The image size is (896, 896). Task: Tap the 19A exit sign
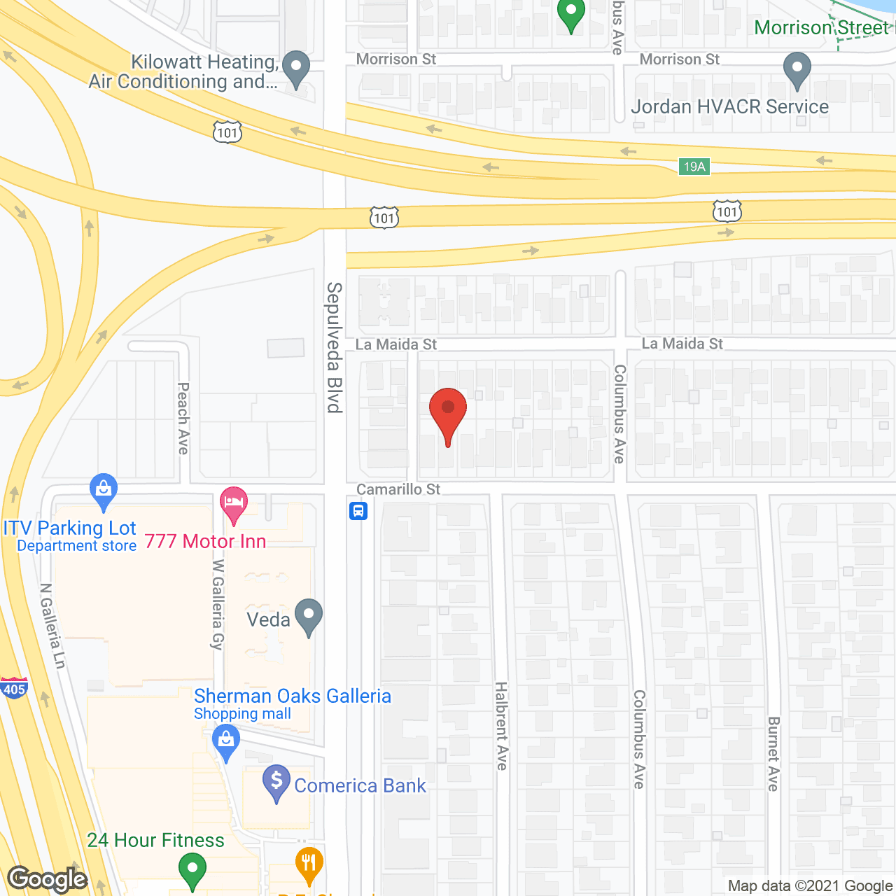tap(694, 167)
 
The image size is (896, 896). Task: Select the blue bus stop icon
tap(358, 511)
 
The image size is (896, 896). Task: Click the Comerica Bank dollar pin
tap(276, 782)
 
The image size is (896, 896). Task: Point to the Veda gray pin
tap(309, 616)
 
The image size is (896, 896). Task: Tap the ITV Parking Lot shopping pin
tap(104, 491)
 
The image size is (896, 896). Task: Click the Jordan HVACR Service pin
tap(797, 71)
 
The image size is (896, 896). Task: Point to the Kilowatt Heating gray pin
tap(296, 69)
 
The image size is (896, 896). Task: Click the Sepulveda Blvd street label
tap(335, 347)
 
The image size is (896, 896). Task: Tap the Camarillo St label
tap(398, 489)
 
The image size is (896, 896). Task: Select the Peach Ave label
tap(183, 418)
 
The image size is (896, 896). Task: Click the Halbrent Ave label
tap(501, 726)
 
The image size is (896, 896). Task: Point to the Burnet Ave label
tap(773, 753)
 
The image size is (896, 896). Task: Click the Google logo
tap(48, 879)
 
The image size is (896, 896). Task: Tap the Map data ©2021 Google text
tap(810, 886)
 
